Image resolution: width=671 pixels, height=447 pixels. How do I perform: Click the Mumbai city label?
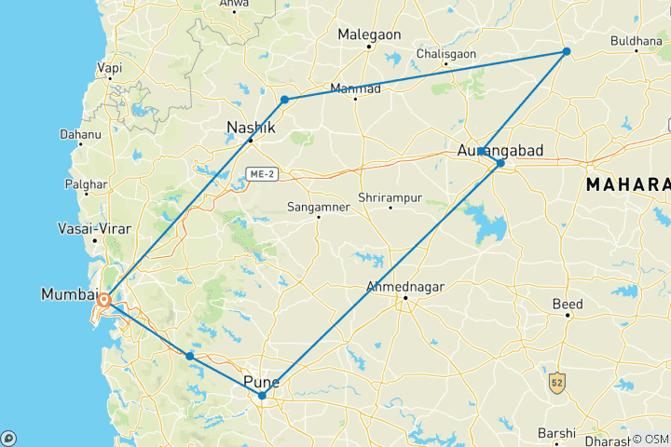tap(69, 295)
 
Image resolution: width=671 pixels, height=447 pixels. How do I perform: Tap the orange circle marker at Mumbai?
tap(105, 301)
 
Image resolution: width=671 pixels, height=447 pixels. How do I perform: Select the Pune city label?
tap(261, 382)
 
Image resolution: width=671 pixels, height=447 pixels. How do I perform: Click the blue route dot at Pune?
tap(263, 396)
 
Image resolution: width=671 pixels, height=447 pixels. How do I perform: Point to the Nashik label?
tap(249, 129)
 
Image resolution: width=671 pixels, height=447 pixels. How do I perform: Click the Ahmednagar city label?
tap(403, 286)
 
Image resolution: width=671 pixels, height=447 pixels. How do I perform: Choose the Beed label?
tap(568, 305)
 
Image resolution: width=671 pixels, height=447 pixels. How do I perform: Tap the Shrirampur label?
tap(390, 198)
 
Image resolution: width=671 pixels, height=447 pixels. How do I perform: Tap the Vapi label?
tap(110, 68)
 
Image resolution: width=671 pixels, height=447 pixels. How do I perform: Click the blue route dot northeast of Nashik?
tap(284, 100)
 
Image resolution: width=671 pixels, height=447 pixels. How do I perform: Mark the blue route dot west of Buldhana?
tap(566, 51)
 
